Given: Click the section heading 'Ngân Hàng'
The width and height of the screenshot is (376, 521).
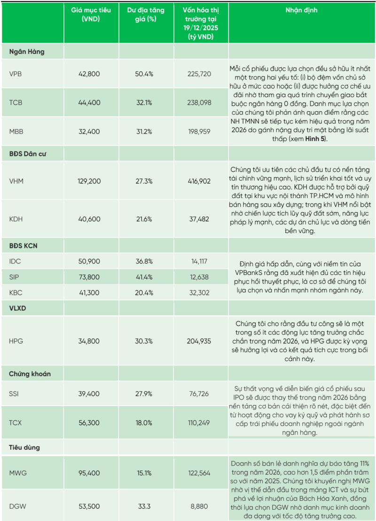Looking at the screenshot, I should point(27,52).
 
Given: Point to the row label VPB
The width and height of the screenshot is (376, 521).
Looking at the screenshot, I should point(16,74).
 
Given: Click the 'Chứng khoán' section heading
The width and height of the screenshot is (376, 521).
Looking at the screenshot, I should point(30,374).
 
